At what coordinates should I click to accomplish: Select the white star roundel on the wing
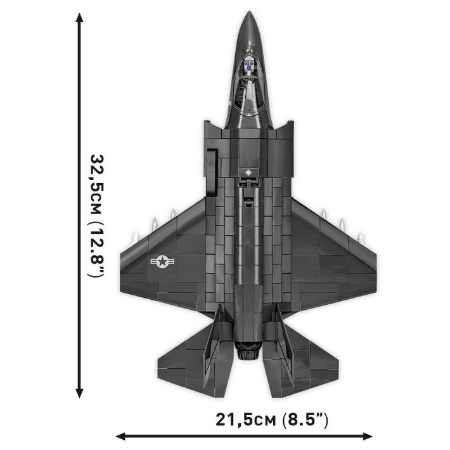coord(164,260)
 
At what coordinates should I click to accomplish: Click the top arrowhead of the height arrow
coord(79,20)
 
